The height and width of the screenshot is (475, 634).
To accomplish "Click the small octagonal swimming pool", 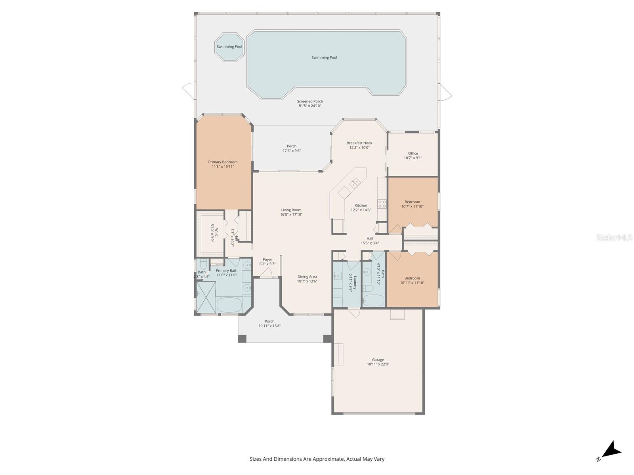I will [229, 47].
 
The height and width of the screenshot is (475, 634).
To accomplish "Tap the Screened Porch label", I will [310, 101].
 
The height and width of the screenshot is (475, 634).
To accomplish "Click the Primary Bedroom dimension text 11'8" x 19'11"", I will [223, 167].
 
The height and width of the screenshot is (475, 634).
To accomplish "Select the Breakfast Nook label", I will [359, 143].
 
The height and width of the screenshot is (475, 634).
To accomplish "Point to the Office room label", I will [413, 153].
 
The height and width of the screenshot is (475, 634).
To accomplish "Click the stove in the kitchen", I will [382, 204].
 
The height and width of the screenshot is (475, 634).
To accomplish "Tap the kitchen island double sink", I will [355, 182].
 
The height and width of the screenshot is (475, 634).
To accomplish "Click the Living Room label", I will [291, 210].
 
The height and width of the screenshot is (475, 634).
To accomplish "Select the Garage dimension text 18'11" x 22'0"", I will [378, 364].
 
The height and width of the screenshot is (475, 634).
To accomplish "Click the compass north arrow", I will [611, 450].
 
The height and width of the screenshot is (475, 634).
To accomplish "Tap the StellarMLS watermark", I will [614, 237].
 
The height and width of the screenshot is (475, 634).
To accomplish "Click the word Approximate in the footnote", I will [328, 459].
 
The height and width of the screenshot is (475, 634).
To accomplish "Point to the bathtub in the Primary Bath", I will [229, 305].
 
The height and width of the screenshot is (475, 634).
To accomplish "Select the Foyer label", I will [267, 260].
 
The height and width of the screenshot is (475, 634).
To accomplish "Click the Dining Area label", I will [307, 277].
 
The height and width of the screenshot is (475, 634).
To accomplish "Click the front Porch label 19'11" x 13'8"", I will [269, 324].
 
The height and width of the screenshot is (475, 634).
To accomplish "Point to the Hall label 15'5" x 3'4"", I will [369, 239].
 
